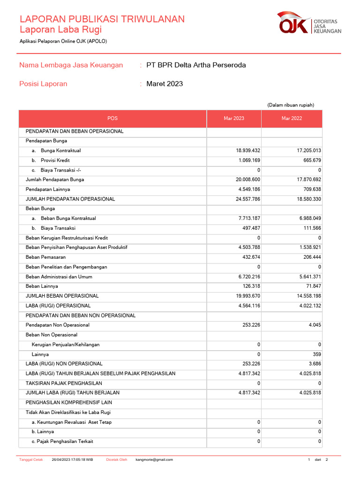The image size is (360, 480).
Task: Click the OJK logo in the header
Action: [x=309, y=23]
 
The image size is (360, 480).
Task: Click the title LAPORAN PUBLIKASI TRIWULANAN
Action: [x=102, y=19]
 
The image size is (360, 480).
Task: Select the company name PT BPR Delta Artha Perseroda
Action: [x=196, y=65]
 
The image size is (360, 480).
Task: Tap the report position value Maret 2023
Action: [x=165, y=84]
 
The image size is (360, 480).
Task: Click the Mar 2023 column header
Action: [x=234, y=119]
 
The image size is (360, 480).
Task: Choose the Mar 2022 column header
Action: [x=292, y=119]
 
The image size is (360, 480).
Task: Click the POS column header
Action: [x=112, y=119]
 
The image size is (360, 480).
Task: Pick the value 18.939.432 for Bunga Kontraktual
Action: [x=248, y=150]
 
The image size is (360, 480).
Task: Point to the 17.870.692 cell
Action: [x=306, y=180]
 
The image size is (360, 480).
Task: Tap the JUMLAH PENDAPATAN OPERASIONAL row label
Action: [x=70, y=199]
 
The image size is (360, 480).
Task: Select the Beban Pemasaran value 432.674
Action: [x=250, y=257]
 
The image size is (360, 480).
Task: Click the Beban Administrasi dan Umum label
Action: [x=60, y=277]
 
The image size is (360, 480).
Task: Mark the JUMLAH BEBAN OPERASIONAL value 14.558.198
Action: [x=306, y=296]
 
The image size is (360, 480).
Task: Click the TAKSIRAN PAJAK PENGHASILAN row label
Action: [x=64, y=383]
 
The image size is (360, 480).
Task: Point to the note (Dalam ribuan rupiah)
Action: [x=291, y=105]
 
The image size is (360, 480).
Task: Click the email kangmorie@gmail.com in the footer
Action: [x=154, y=460]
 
